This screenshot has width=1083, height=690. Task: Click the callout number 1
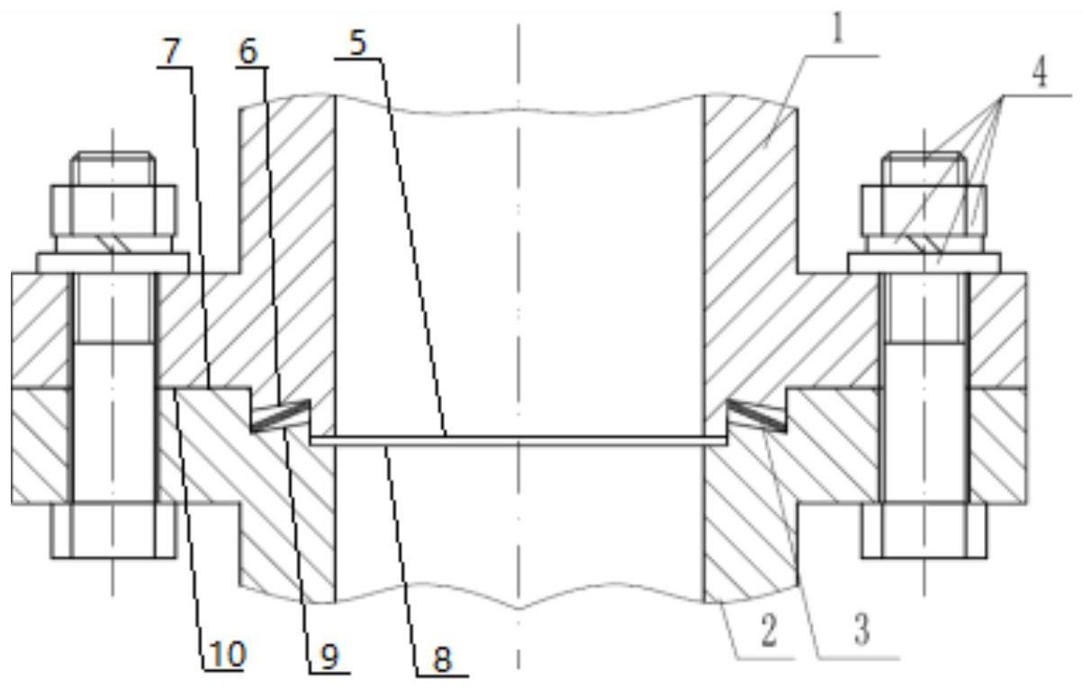click(837, 28)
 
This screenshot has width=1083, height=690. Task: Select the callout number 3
click(861, 629)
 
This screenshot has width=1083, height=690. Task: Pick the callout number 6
click(249, 51)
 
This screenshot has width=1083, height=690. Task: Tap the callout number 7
click(171, 51)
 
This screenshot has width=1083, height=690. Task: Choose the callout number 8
click(442, 659)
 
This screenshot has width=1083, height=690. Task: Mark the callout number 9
click(330, 657)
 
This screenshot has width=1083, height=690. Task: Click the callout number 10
click(227, 655)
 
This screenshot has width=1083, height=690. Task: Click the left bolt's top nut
click(114, 211)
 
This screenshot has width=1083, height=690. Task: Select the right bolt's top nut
click(924, 211)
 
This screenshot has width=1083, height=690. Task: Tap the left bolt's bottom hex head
click(114, 531)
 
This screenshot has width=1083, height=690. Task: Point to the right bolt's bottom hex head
click(925, 531)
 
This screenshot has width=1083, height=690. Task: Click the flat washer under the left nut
click(113, 263)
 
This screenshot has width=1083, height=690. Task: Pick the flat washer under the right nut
click(925, 263)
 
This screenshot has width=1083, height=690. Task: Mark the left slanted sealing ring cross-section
click(280, 414)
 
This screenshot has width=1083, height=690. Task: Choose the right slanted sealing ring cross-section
click(756, 414)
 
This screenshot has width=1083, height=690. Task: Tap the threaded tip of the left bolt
click(113, 168)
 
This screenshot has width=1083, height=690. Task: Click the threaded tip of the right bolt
click(924, 168)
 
